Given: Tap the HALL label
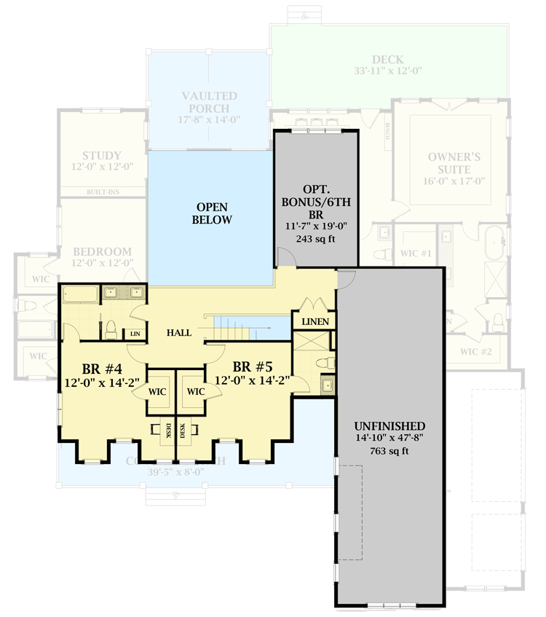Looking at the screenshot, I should point(178,333).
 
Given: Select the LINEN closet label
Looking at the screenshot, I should point(314,321).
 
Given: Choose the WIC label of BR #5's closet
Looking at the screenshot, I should point(196,391).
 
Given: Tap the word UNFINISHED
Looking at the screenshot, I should point(389,426).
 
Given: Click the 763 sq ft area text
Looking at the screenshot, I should point(389,451).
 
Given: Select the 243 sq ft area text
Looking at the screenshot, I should point(316,239).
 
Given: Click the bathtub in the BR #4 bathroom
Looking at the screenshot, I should point(80,295).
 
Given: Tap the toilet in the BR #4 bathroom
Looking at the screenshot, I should point(111,329).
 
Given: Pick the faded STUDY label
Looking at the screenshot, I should point(101,156).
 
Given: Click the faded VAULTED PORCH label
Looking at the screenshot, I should point(209,102).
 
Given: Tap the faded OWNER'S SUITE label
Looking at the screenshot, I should point(454,162).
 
